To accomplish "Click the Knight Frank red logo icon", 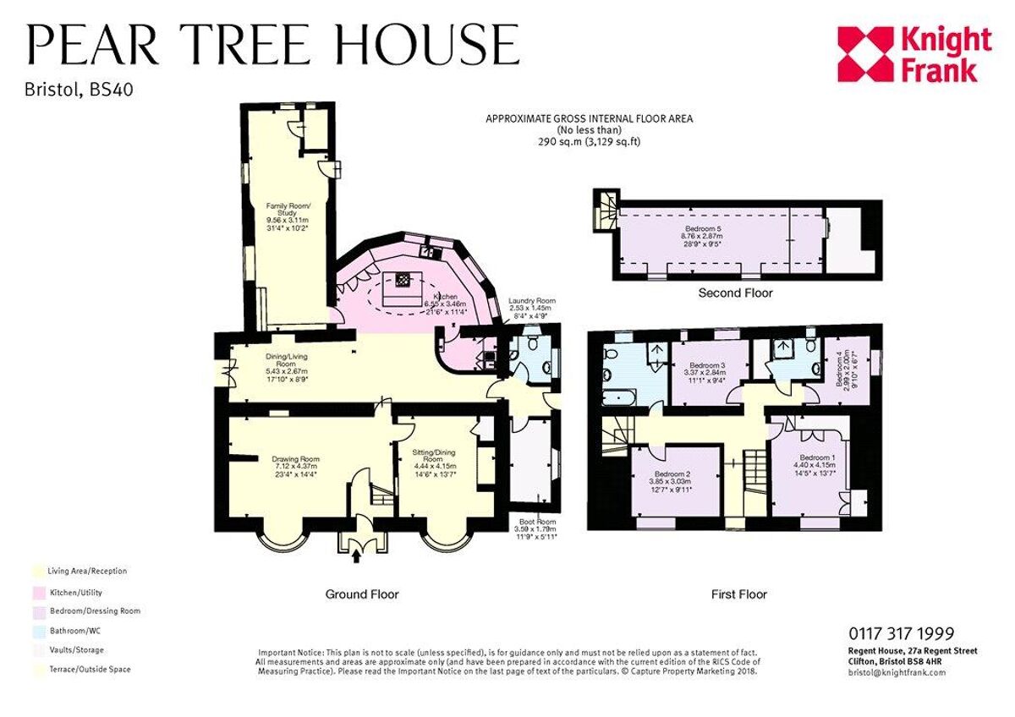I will coord(864,54).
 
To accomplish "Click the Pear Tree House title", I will coord(273,45).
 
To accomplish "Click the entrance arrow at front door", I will coord(355,556).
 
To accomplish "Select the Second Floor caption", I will coord(735,293).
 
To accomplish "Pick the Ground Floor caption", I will coord(362,594).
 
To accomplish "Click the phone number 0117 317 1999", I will coord(901,633).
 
